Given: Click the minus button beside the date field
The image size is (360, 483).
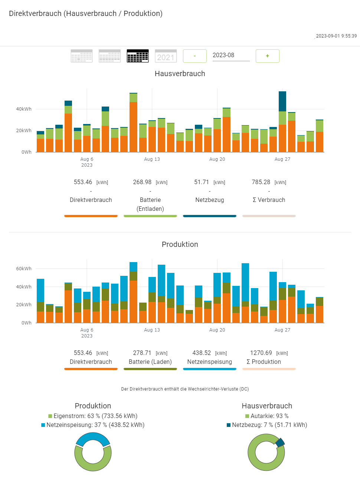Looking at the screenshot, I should pyautogui.click(x=195, y=56).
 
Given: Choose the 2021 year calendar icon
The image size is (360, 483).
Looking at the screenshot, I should pyautogui.click(x=166, y=56).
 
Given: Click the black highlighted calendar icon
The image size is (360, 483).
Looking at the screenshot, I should pyautogui.click(x=138, y=56).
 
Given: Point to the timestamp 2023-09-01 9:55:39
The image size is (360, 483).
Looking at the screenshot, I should pyautogui.click(x=336, y=36).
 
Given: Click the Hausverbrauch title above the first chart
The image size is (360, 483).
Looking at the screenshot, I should pyautogui.click(x=180, y=74).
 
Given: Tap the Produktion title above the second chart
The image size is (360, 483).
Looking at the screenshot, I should pyautogui.click(x=180, y=244).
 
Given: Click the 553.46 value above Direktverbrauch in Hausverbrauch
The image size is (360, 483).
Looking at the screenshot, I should pyautogui.click(x=83, y=182).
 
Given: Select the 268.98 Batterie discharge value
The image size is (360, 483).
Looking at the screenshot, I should pyautogui.click(x=142, y=182).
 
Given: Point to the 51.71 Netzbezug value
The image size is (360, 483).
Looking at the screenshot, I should pyautogui.click(x=202, y=182).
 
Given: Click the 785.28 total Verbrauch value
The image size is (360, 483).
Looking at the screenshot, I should pyautogui.click(x=261, y=182).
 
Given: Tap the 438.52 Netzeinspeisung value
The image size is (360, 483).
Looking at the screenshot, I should pyautogui.click(x=202, y=353).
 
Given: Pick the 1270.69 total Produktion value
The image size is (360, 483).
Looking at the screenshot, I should pyautogui.click(x=261, y=353).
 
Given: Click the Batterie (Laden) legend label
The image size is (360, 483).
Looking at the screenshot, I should pyautogui.click(x=150, y=362).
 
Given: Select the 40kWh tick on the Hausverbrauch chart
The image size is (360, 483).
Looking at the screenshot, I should pyautogui.click(x=24, y=109).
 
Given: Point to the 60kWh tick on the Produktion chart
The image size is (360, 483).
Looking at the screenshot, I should pyautogui.click(x=24, y=269).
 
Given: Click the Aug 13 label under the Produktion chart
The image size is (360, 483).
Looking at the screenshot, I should pyautogui.click(x=152, y=330).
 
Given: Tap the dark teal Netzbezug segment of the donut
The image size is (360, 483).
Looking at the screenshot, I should pyautogui.click(x=280, y=442).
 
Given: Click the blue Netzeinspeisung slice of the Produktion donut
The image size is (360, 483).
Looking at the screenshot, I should pyautogui.click(x=93, y=438).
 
